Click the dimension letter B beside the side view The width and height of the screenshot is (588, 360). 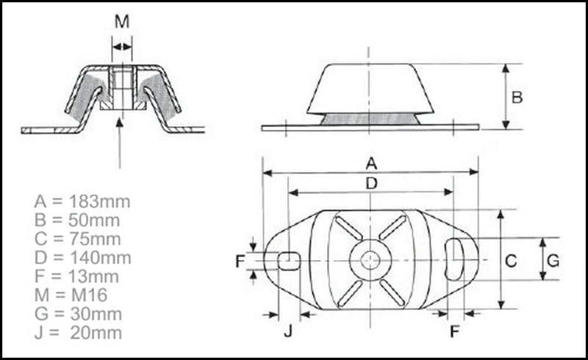[x=517, y=98]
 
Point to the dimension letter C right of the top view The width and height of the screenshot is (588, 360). [x=512, y=260]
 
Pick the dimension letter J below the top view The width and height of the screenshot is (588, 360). [x=288, y=331]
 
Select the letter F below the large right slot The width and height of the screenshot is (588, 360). [x=455, y=331]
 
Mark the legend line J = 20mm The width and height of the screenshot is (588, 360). [x=77, y=334]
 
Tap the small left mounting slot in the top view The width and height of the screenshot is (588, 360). [x=290, y=259]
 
